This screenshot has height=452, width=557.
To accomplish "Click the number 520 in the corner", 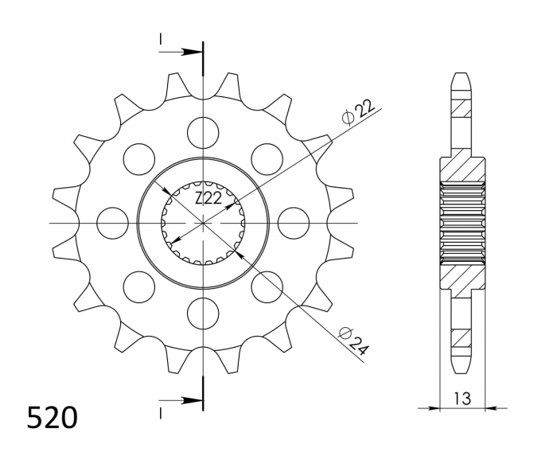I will coord(52,418).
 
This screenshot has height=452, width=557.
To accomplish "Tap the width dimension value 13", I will coord(462,397).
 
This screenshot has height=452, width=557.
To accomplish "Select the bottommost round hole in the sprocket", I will coord(204,311).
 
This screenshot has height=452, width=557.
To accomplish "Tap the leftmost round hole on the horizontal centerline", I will coord(113,222).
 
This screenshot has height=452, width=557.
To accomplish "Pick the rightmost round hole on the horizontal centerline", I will coord(294,222).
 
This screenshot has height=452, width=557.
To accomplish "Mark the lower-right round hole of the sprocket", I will coord(267,285).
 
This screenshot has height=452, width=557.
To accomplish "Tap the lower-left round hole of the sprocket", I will coord(139,285).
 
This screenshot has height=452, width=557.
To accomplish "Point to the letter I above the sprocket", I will coord(161,39).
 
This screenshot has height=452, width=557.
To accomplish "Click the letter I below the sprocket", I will coord(161,411).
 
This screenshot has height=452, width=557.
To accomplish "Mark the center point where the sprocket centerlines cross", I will coord(204,222).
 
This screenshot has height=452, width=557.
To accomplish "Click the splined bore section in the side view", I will coord(462,221).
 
